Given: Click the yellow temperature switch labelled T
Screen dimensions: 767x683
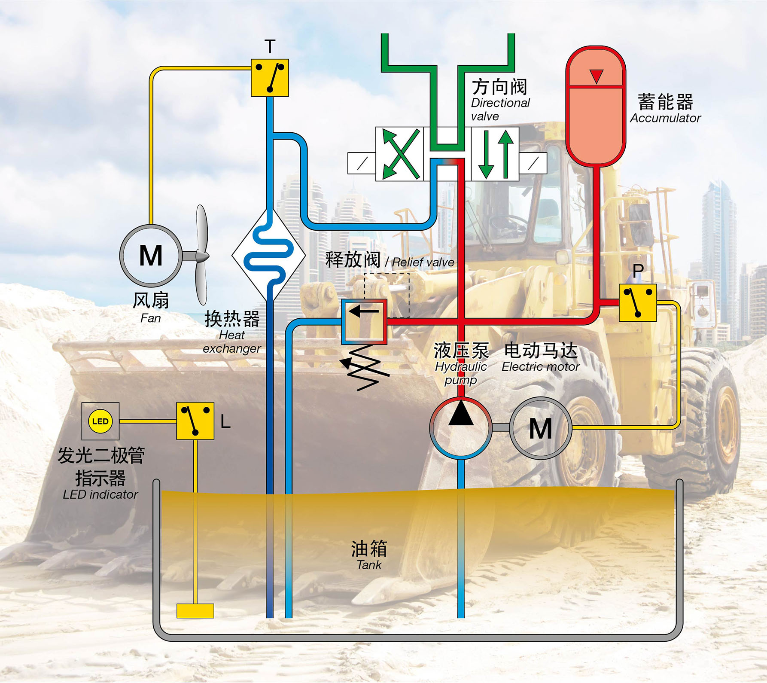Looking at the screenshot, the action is click(270, 78).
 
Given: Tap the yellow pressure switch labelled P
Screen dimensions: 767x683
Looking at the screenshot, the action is click(638, 303).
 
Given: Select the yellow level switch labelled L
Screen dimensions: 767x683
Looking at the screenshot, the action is click(195, 421).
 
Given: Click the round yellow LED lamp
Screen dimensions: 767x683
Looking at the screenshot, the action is click(100, 421).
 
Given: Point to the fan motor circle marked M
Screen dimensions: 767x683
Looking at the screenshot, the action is click(151, 256).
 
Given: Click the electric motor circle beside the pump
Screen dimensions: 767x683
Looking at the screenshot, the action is click(541, 428).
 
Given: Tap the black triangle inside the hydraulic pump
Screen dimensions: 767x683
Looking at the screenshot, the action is click(460, 413).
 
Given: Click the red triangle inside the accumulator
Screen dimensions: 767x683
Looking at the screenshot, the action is click(596, 76).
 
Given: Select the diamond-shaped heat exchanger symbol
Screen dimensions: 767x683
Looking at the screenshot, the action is click(269, 256).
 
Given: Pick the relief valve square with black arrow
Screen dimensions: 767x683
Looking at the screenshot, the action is click(364, 322).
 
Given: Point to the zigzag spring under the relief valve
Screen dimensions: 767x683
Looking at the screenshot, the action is click(365, 368).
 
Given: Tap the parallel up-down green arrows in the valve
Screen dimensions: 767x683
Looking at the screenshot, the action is click(496, 154).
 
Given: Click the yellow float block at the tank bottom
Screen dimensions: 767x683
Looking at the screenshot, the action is click(195, 611).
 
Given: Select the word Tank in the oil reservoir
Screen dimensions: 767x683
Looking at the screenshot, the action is click(369, 565).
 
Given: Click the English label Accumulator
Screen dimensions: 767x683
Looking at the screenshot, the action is click(665, 118).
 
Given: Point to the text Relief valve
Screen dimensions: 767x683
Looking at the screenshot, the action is click(423, 262).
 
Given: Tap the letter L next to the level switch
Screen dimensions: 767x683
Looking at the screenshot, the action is click(225, 422).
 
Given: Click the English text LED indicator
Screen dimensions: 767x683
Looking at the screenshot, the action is click(100, 494).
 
